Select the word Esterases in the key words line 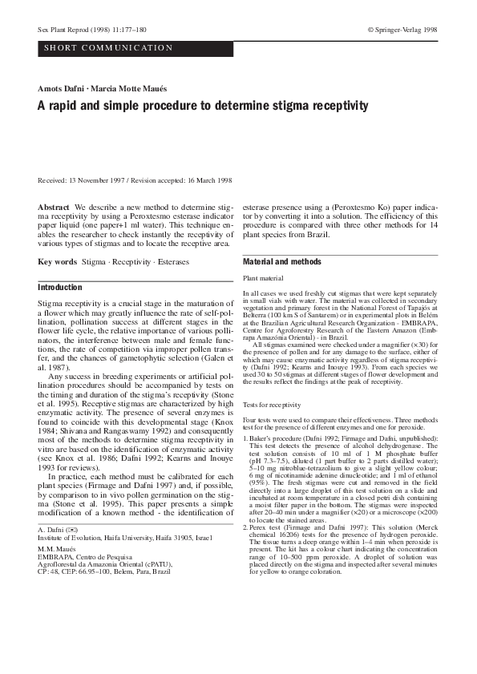click(168, 262)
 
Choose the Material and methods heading click(279, 262)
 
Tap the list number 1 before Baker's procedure click(244, 442)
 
